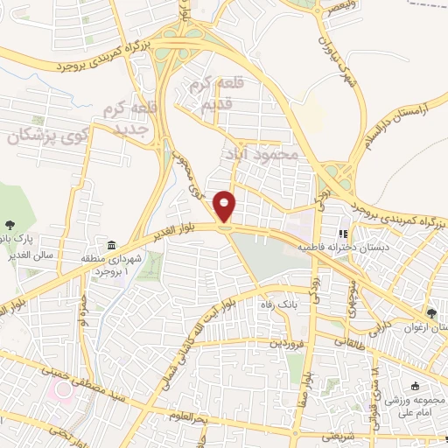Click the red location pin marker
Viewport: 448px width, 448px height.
coord(226,207)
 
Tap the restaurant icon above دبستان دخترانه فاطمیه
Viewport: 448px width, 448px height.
coord(344,234)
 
